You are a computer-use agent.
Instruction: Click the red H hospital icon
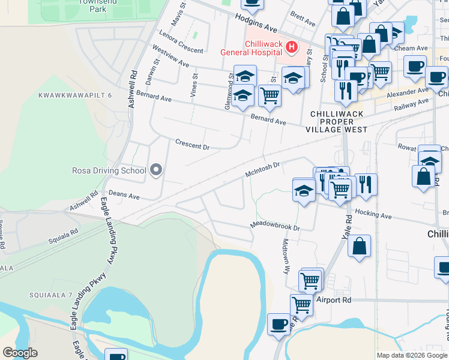[x=291, y=47]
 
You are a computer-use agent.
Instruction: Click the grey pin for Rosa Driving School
[x=156, y=170]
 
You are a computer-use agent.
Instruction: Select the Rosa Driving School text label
[x=109, y=170]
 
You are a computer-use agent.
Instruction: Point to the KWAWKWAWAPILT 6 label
[x=75, y=95]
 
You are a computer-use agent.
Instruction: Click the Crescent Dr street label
[x=192, y=145]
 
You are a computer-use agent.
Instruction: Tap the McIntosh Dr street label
[x=262, y=169]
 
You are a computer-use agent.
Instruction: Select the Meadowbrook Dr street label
[x=274, y=227]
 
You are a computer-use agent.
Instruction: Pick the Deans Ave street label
[x=124, y=196]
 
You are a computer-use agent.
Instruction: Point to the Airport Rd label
[x=333, y=299]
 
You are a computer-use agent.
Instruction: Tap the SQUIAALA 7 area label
[x=50, y=295]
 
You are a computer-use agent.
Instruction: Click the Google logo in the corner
[x=20, y=353]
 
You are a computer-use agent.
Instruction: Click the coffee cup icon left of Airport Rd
[x=279, y=324]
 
